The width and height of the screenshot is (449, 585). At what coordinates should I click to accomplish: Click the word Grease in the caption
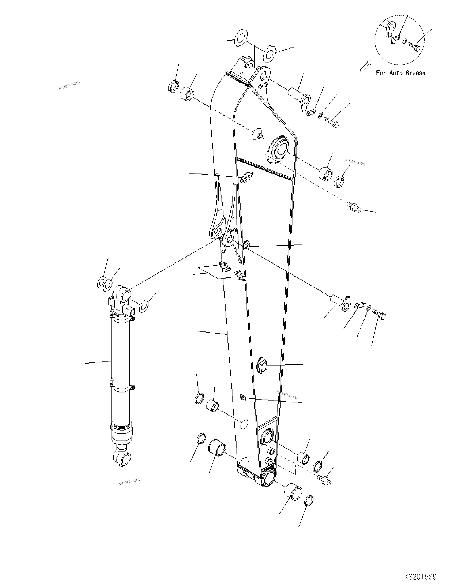(x=415, y=73)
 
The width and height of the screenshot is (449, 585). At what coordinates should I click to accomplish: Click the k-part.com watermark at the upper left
(x=69, y=85)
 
